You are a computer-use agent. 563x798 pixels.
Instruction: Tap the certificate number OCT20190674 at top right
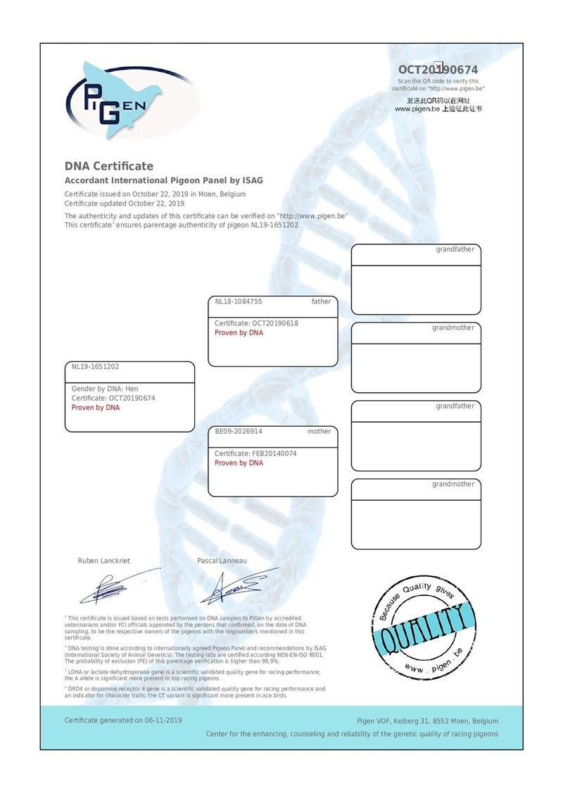(x=438, y=70)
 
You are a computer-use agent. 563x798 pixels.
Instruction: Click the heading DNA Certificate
(x=109, y=166)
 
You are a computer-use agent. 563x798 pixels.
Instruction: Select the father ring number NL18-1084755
(x=239, y=301)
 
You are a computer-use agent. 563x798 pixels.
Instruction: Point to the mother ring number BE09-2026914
(x=239, y=431)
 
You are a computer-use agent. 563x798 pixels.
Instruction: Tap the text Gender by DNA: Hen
(x=105, y=389)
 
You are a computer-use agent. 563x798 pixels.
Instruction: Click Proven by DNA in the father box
(x=239, y=332)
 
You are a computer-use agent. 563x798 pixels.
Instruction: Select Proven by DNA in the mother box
(x=239, y=463)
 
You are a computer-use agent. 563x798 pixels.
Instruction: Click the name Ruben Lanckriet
(x=103, y=561)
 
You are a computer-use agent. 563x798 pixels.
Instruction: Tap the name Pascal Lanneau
(x=222, y=561)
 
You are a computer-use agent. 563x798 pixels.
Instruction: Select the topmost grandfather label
(x=455, y=249)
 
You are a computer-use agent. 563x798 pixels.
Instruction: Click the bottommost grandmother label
(x=453, y=484)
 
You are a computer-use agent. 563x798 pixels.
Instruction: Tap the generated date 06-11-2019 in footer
(x=162, y=721)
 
